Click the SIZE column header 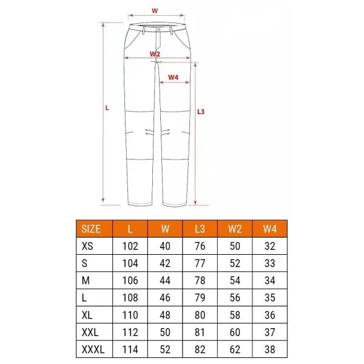tap(91, 229)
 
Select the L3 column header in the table tap(200, 229)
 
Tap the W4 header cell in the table tap(269, 229)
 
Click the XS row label tap(88, 246)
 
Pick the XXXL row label tap(93, 350)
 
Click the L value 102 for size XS tap(130, 246)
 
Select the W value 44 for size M tap(164, 281)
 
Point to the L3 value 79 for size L tap(200, 298)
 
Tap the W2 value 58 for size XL tap(235, 315)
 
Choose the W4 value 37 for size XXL tap(269, 333)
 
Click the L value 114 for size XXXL tap(130, 350)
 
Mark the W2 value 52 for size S tap(235, 264)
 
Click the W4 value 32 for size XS tap(269, 246)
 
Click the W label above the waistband tap(155, 10)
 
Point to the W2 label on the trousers tap(155, 54)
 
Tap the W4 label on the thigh tap(173, 77)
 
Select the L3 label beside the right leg tap(202, 111)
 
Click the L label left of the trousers tap(107, 108)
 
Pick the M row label tap(86, 281)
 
